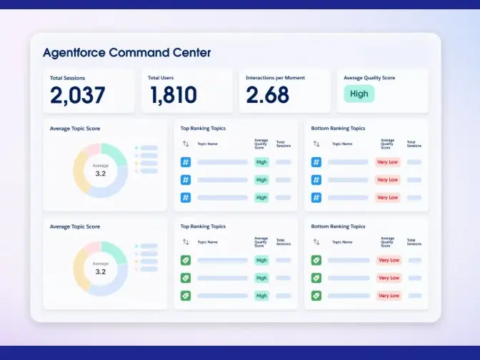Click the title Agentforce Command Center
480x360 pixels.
tap(126, 53)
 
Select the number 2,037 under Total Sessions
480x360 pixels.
tap(77, 95)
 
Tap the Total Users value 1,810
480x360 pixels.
tap(174, 95)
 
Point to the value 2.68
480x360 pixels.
tap(268, 95)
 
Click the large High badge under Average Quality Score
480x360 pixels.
tap(359, 94)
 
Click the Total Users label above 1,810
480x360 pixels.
tap(161, 78)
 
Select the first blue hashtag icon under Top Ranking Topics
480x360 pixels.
tap(186, 162)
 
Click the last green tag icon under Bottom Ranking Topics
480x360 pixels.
tap(316, 295)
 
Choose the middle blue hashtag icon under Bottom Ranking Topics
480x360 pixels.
tap(316, 180)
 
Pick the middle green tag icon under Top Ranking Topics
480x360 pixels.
tap(186, 278)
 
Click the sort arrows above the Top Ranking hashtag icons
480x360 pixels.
tap(186, 144)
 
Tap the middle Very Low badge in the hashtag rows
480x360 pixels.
tap(388, 180)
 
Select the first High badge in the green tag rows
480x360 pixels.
tap(261, 260)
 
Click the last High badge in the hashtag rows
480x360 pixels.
tap(261, 197)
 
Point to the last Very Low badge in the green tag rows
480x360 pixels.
tap(389, 295)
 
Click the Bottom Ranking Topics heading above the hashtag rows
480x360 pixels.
tap(338, 129)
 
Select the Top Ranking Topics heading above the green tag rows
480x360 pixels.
tap(203, 226)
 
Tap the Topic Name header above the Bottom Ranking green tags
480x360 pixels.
tap(342, 241)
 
